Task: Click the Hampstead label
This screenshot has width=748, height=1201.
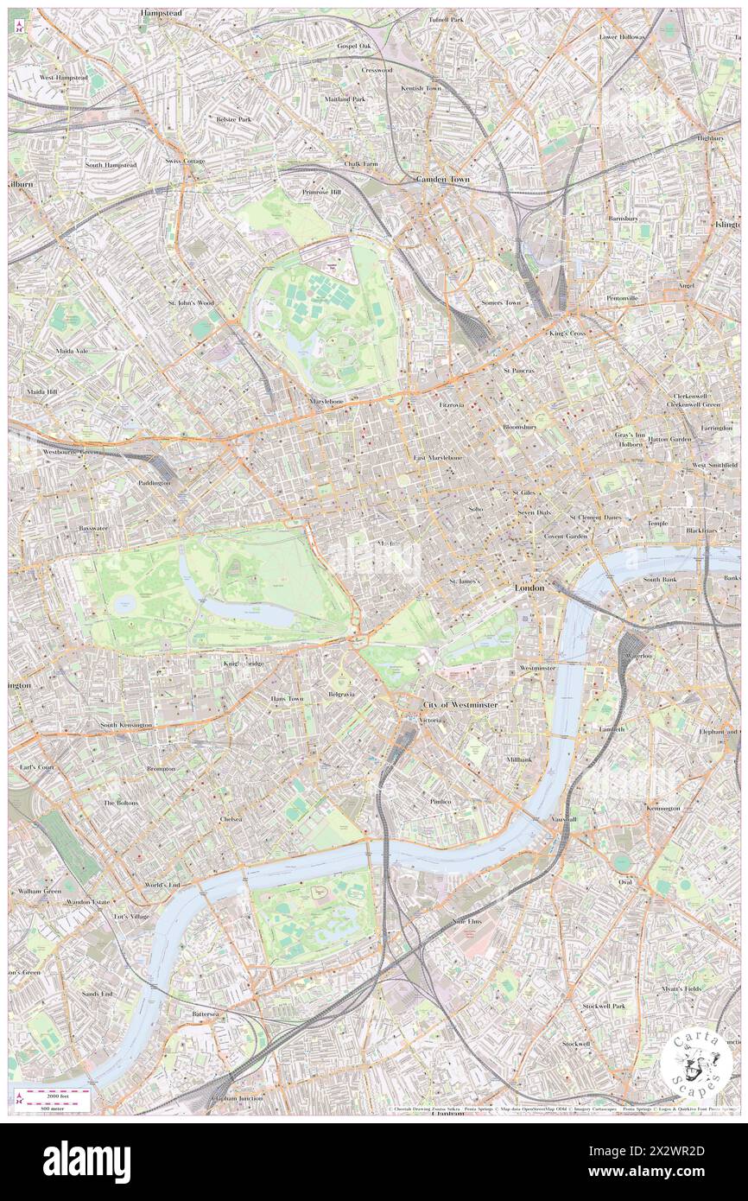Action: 163,15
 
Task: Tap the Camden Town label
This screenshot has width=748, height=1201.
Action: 442,179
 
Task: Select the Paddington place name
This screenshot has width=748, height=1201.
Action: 154,483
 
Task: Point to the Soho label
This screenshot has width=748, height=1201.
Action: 476,509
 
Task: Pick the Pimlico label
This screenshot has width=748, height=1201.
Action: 441,802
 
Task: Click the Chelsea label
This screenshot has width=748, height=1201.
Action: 231,818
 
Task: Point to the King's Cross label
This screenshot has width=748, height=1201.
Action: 567,334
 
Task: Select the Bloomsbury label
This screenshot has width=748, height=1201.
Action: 520,427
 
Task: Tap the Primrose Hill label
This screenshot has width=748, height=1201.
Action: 321,192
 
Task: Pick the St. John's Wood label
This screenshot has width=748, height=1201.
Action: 191,303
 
